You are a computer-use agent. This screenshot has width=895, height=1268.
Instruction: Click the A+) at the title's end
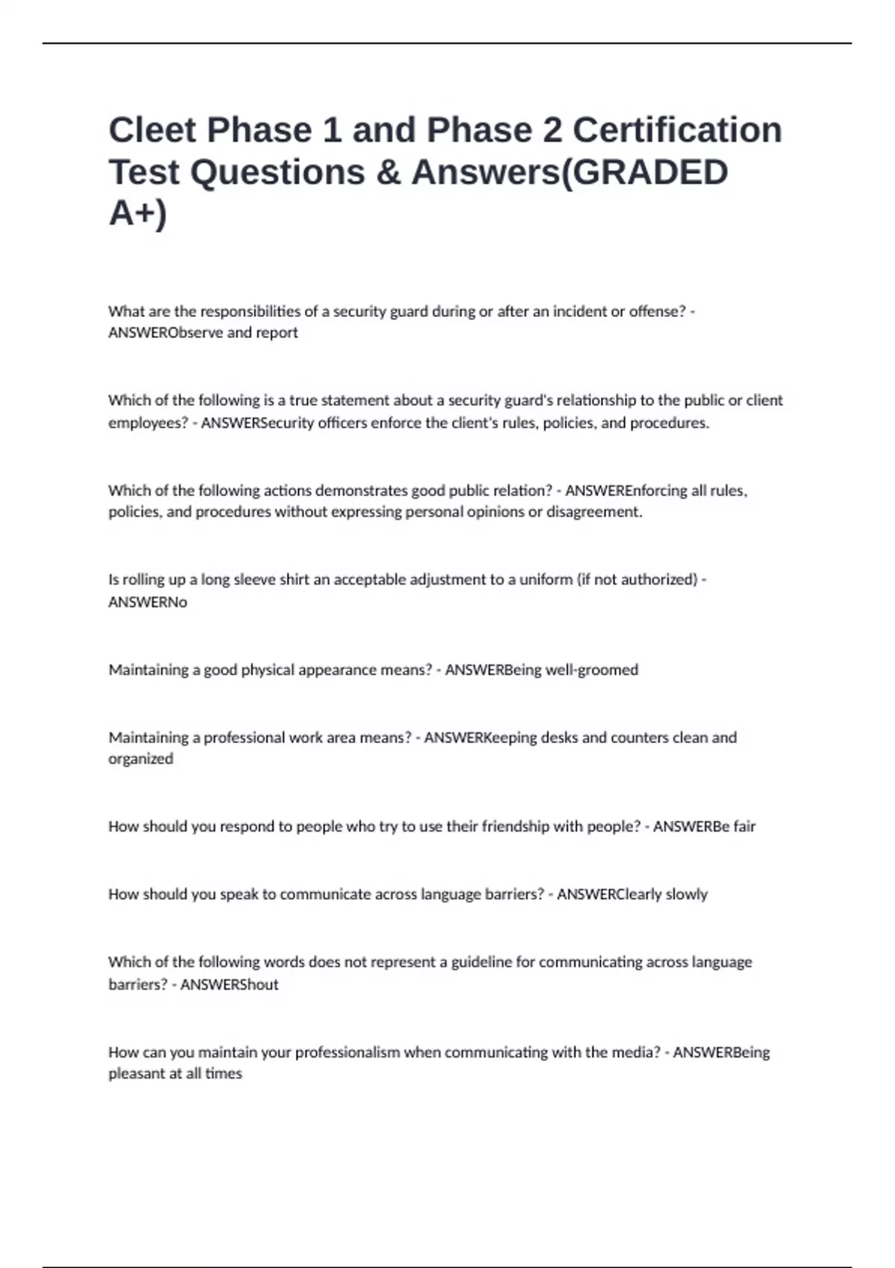(x=138, y=213)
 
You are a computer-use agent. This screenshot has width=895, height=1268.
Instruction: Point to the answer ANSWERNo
(x=148, y=602)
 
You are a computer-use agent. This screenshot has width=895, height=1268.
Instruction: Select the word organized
(x=140, y=759)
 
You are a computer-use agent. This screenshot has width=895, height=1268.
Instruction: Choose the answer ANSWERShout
(x=229, y=985)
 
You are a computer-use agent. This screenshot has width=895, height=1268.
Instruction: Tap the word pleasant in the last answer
(x=136, y=1074)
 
